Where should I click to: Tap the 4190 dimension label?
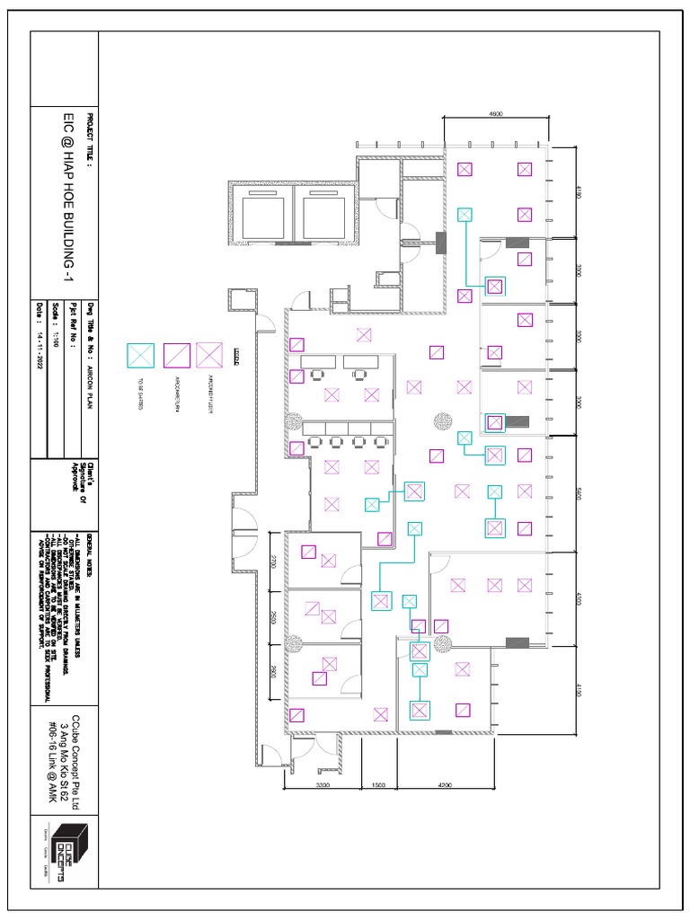pyautogui.click(x=580, y=190)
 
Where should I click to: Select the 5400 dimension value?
pyautogui.click(x=580, y=493)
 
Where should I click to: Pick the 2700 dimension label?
pyautogui.click(x=273, y=562)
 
